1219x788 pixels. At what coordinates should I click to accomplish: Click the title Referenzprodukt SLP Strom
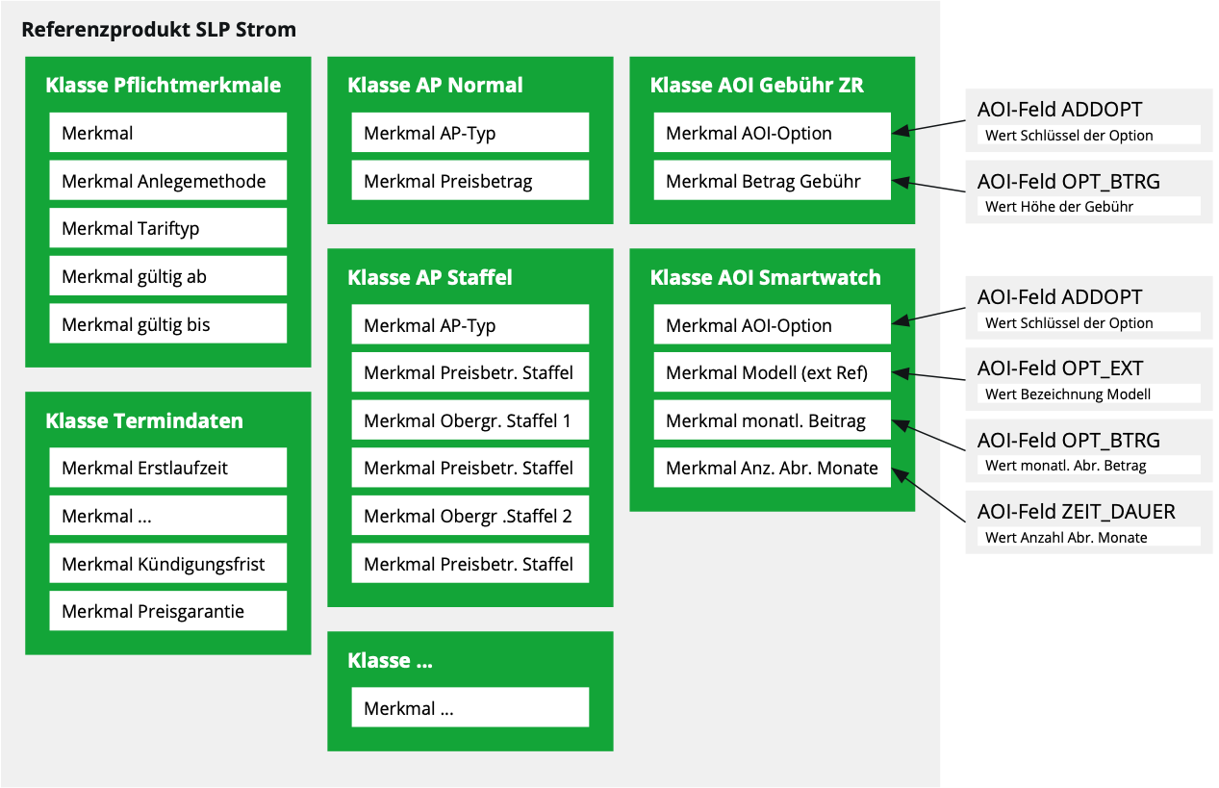pos(159,30)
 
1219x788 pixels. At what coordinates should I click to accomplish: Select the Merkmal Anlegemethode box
pos(168,181)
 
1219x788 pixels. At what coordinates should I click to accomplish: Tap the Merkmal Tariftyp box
pos(168,229)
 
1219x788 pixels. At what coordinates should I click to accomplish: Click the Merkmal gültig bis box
pos(168,324)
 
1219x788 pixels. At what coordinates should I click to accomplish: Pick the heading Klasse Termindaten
pos(144,420)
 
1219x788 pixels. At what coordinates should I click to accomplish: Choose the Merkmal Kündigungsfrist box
pos(168,564)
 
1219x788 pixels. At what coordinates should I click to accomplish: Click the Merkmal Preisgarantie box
pos(168,612)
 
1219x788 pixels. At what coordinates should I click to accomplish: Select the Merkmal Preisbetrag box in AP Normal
pos(470,181)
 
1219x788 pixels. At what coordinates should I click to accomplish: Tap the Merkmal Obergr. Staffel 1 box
pos(470,420)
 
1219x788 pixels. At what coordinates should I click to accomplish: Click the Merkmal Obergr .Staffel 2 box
pos(470,516)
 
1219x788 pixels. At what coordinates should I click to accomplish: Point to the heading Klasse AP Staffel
pos(429,277)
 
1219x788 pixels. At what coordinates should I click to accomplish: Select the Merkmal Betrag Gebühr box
pos(772,181)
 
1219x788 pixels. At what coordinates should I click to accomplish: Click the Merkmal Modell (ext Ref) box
pos(772,372)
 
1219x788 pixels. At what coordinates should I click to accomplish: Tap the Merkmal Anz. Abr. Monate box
pos(772,469)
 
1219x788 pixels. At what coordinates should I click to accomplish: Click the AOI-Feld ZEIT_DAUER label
pos(1076,512)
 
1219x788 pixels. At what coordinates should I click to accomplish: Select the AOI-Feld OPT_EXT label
pos(1059,369)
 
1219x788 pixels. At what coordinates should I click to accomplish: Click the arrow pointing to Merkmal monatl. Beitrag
pos(928,435)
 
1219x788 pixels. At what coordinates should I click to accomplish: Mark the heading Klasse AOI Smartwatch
pos(765,277)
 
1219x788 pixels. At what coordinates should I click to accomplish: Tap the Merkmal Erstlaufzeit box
pos(168,469)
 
